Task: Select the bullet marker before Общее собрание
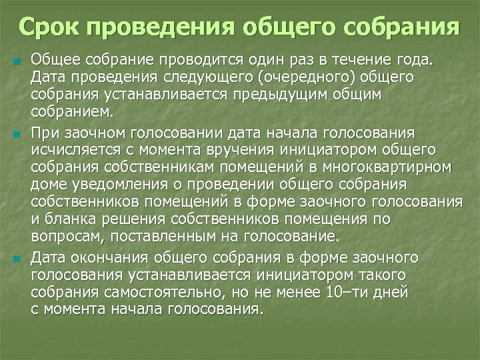[17, 63]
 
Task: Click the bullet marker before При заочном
[17, 135]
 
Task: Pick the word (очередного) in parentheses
[296, 78]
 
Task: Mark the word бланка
[65, 219]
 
